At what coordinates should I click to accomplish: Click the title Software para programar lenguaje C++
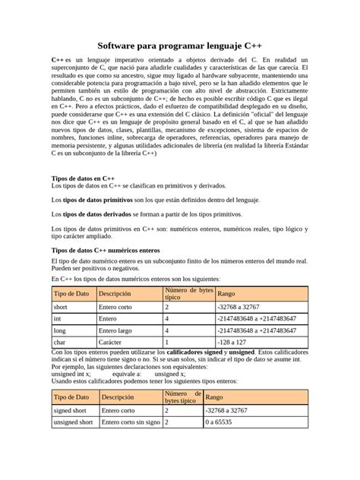pyautogui.click(x=179, y=47)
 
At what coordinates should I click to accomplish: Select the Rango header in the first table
pyautogui.click(x=226, y=293)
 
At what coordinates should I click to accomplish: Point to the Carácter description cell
pyautogui.click(x=115, y=343)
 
